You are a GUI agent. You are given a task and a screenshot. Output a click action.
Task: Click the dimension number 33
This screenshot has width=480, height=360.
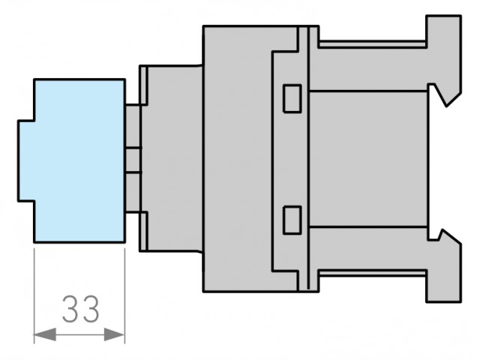point(81,309)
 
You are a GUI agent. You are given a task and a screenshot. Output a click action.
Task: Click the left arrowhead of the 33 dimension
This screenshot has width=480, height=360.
point(45,334)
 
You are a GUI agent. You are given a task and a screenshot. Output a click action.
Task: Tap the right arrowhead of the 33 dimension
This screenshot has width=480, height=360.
point(114,334)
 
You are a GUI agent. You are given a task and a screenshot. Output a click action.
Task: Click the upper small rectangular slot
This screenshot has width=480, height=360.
point(292,98)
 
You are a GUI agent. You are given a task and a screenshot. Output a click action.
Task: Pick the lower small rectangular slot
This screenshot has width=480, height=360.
point(292,220)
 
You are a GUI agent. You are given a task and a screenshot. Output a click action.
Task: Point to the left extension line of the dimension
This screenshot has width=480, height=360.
point(34,295)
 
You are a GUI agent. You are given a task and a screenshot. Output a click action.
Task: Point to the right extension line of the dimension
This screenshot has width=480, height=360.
point(125,295)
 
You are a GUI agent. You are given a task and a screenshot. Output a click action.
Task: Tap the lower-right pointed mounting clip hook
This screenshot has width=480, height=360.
point(447,235)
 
